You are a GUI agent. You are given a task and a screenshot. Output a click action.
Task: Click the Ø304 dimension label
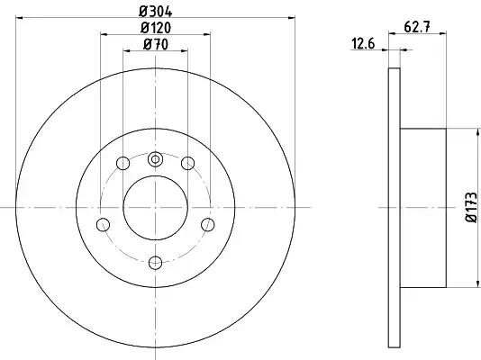tap(156, 12)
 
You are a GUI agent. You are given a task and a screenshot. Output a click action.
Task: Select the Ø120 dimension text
tap(156, 28)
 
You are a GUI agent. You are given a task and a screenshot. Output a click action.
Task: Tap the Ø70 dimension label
tap(156, 45)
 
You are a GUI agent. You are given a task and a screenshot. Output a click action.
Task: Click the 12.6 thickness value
tap(363, 44)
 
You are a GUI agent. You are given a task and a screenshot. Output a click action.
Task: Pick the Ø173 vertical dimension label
tap(472, 207)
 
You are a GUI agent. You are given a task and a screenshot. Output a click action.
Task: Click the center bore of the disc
tap(155, 208)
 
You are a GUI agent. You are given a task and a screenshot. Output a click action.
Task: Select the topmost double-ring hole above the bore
tap(155, 159)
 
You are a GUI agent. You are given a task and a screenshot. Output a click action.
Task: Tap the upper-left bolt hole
tap(123, 163)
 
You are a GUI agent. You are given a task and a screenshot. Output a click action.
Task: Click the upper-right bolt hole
tap(187, 163)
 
